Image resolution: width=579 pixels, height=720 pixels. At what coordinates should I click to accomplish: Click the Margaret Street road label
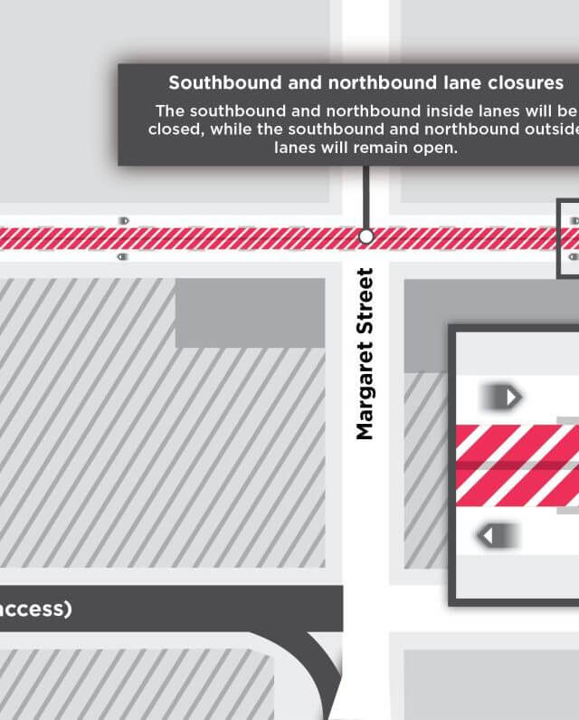pyautogui.click(x=365, y=353)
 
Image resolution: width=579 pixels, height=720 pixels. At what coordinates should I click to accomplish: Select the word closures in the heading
pyautogui.click(x=522, y=83)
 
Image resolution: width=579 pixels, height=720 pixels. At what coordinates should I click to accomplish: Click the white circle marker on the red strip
pyautogui.click(x=366, y=236)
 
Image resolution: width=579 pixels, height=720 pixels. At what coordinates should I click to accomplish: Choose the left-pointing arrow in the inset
pyautogui.click(x=497, y=536)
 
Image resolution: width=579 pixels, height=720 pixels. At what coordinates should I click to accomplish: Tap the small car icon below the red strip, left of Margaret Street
pyautogui.click(x=123, y=256)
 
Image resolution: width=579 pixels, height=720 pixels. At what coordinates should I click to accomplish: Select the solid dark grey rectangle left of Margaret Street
pyautogui.click(x=250, y=312)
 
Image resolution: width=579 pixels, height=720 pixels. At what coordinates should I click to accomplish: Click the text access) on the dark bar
pyautogui.click(x=34, y=609)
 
